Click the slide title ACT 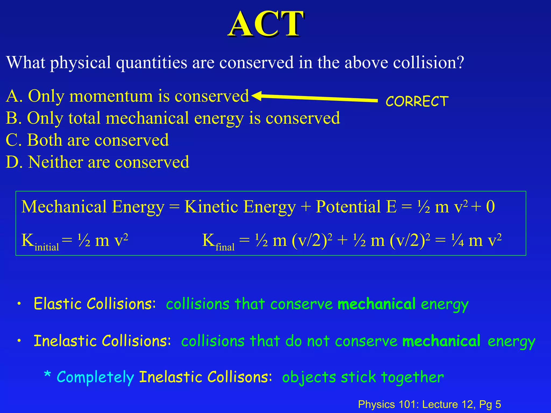click(266, 24)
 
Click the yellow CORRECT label click(417, 101)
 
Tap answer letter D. click(13, 162)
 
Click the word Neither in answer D click(55, 162)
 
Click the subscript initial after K click(47, 247)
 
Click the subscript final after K click(225, 247)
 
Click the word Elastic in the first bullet click(58, 304)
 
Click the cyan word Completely click(95, 377)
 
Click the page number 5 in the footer click(498, 404)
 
